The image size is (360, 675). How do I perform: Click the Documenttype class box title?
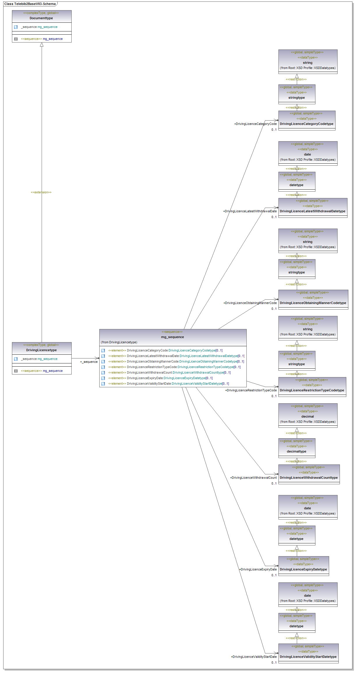pos(41,18)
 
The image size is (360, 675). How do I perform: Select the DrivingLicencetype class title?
pos(41,350)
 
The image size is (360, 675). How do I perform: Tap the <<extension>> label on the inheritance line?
pos(41,192)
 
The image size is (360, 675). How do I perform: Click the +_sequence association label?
pos(89,362)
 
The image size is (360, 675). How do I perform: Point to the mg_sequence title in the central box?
pos(172,337)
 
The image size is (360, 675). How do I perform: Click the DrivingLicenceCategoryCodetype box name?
pos(306,124)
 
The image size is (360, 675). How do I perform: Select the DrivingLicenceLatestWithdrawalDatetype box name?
pos(313,211)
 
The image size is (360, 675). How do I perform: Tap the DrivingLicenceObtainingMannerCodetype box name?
pos(313,303)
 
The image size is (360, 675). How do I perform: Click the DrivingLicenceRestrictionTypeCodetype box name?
pos(312,390)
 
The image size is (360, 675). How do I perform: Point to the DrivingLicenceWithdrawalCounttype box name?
pos(309,478)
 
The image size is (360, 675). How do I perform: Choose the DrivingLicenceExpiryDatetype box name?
pos(303,569)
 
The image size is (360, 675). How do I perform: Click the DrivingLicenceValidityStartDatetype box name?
pos(308,657)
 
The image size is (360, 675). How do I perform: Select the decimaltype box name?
pos(297,451)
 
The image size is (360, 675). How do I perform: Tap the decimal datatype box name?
pos(308,416)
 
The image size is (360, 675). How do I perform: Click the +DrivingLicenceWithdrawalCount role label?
pos(253,478)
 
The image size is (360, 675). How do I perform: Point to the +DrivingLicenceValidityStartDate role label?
pos(254,657)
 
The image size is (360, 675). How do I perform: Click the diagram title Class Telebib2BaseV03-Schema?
pos(30,4)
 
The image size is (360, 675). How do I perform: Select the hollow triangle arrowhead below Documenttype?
pos(42,45)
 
